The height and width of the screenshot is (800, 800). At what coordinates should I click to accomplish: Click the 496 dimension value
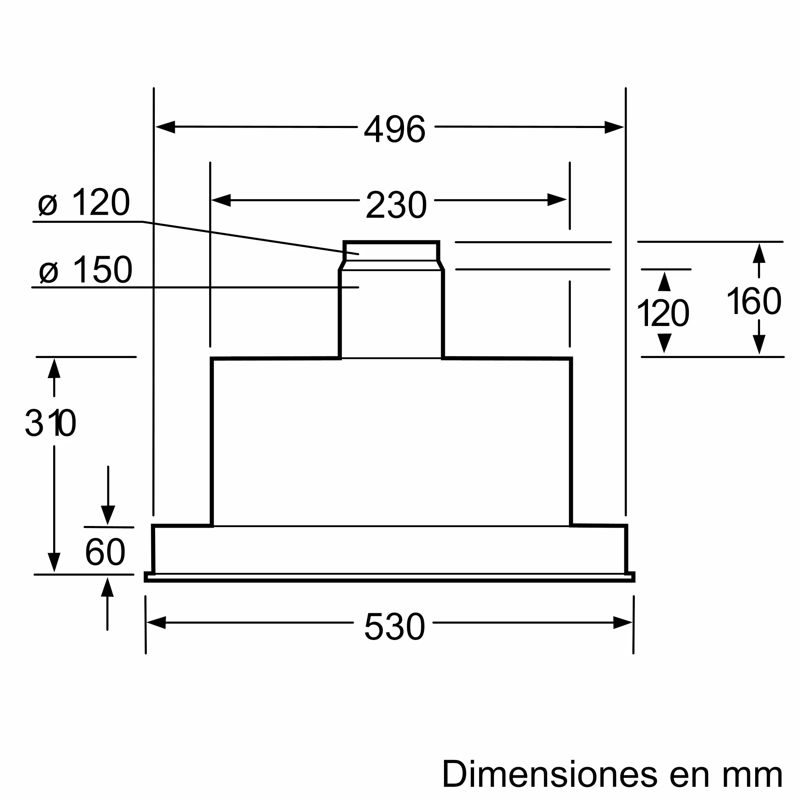click(394, 129)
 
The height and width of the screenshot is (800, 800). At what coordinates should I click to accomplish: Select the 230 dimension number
click(396, 204)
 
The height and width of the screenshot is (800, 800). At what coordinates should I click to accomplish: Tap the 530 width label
click(394, 626)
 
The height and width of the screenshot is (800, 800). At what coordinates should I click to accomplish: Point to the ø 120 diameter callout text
click(84, 202)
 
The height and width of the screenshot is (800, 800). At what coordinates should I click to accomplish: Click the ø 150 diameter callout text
click(85, 270)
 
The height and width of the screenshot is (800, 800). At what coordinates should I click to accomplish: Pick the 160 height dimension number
click(754, 302)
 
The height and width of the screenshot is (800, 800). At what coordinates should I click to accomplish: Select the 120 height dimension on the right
click(662, 314)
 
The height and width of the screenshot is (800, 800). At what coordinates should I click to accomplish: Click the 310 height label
click(50, 423)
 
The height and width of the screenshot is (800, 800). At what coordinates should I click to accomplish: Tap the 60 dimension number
click(105, 552)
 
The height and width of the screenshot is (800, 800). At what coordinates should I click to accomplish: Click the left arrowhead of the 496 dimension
click(165, 127)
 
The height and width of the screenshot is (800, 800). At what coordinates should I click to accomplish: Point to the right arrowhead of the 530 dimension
click(622, 622)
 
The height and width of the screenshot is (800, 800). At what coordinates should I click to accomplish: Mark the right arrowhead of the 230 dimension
click(556, 200)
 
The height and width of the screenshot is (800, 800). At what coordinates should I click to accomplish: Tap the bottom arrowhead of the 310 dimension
click(54, 562)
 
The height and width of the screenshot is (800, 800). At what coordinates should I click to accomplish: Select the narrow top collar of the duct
click(391, 251)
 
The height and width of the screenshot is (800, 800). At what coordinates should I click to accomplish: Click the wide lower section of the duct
click(391, 315)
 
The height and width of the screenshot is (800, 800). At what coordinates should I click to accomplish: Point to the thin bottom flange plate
click(389, 578)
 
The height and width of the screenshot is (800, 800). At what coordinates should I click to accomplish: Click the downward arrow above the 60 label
click(108, 515)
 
